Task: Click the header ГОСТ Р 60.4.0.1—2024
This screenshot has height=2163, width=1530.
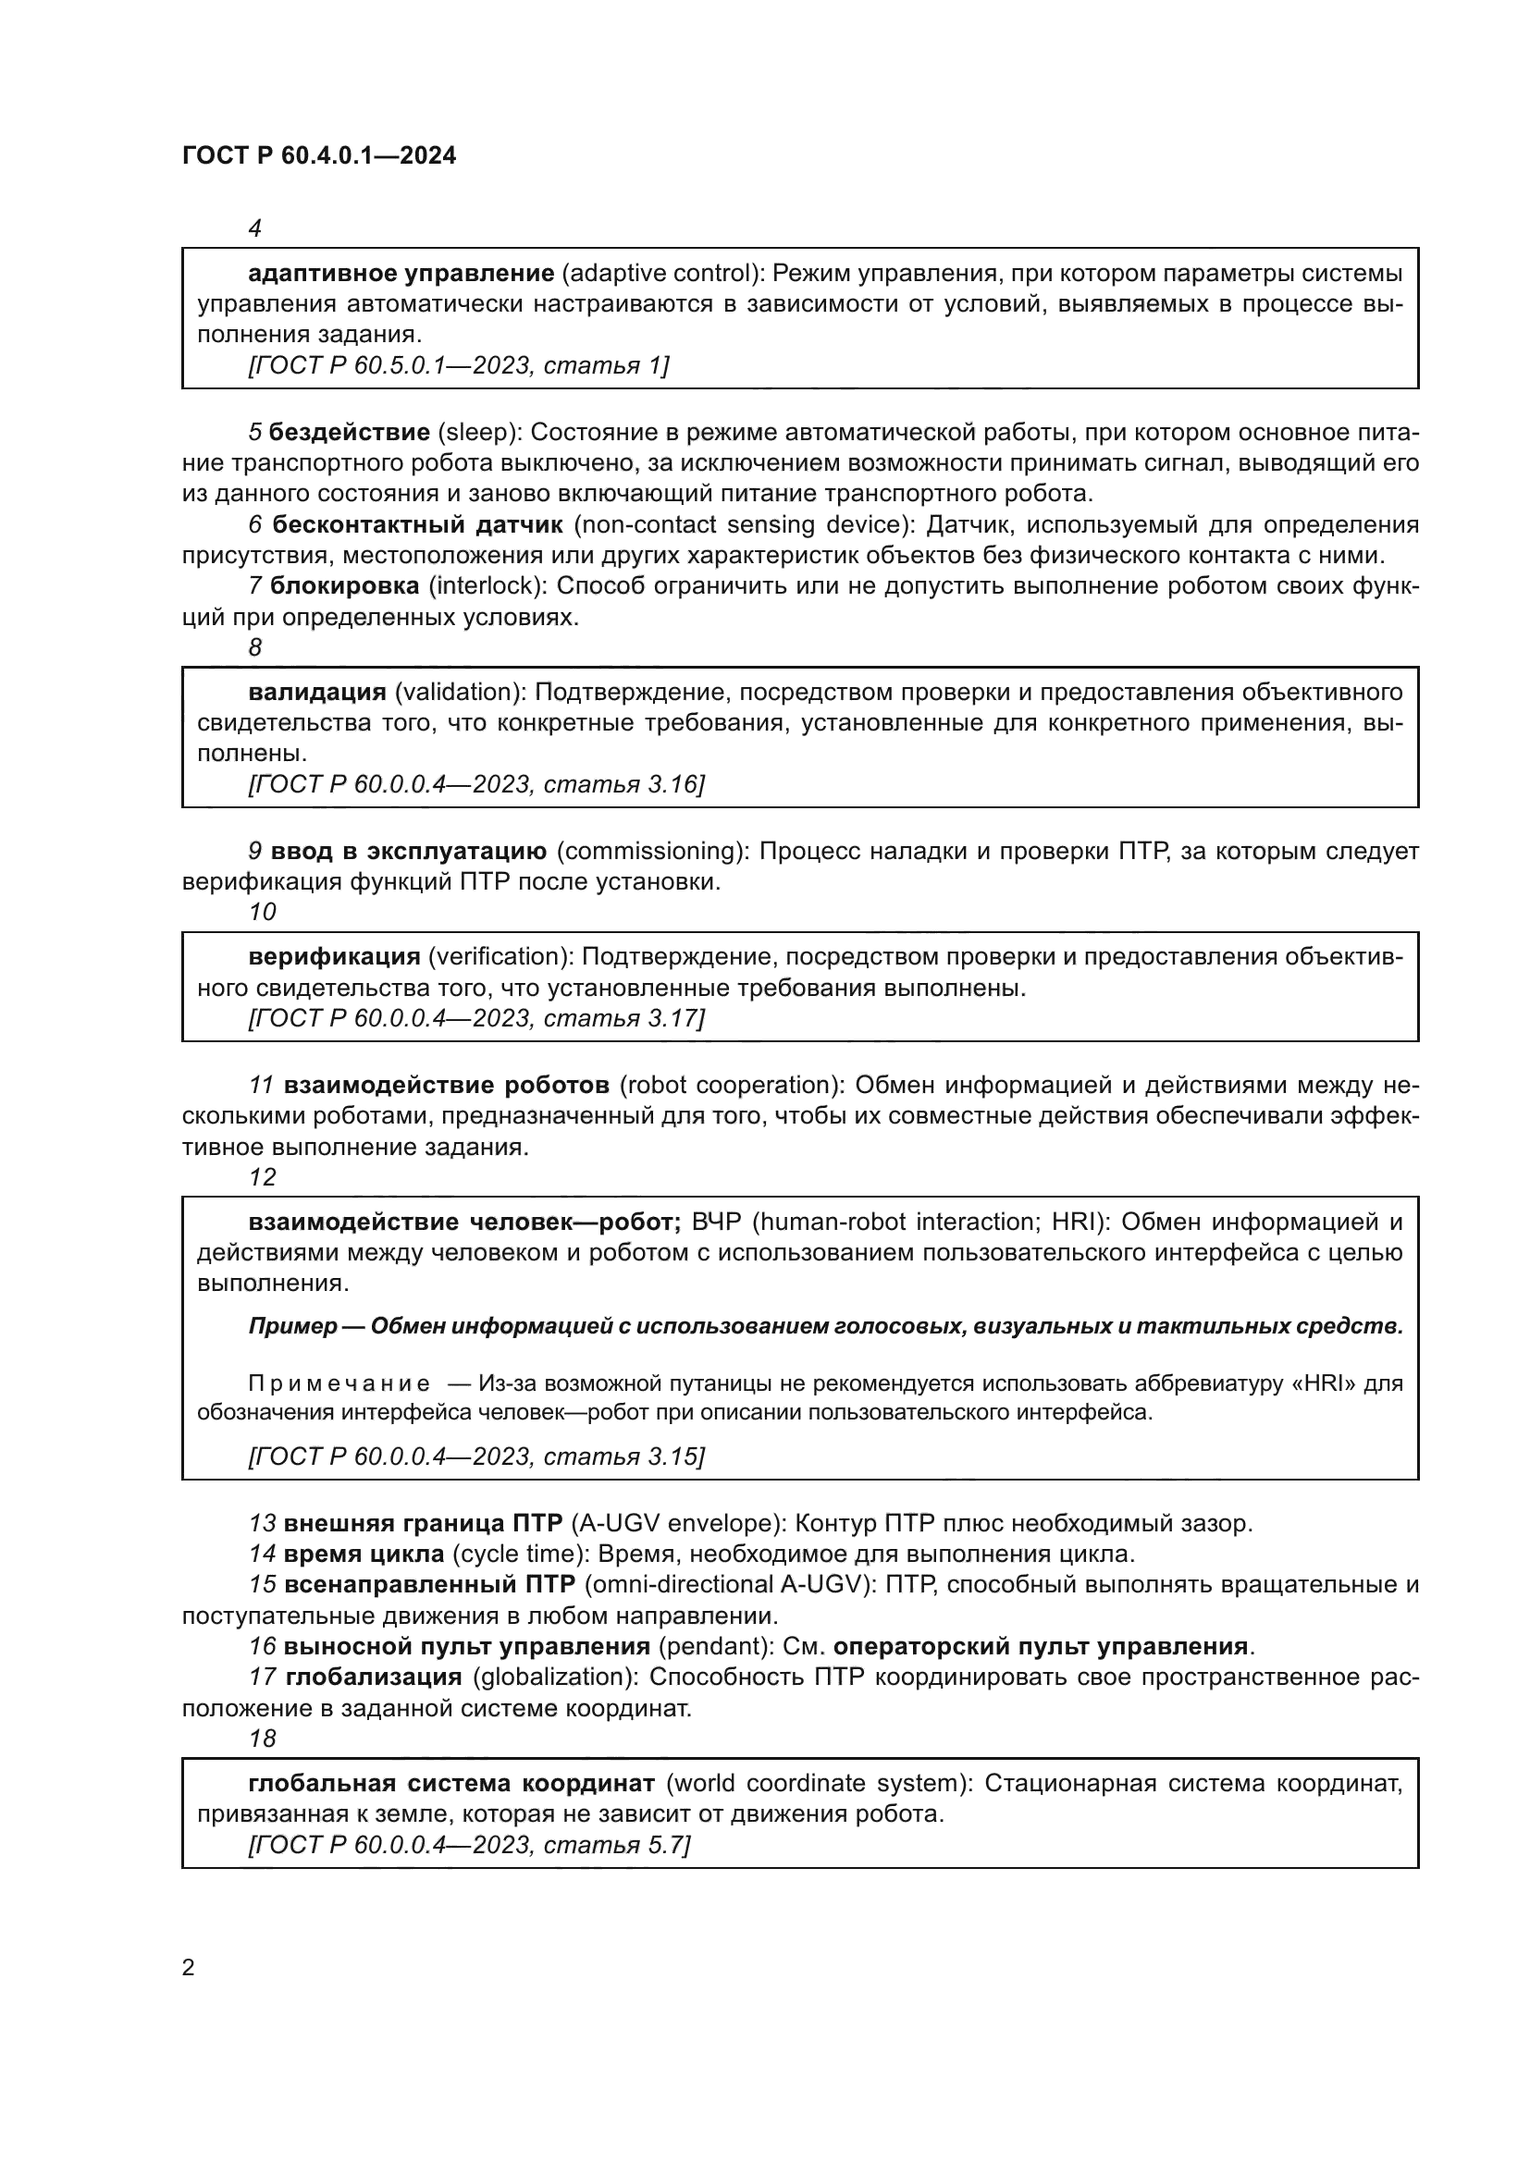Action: coord(319,156)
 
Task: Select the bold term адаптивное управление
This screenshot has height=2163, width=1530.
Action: coord(401,274)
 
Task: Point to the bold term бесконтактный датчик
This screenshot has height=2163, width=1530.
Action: coord(418,524)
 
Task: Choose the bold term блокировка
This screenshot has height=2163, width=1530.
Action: coord(345,586)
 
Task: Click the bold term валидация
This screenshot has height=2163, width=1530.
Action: coord(317,693)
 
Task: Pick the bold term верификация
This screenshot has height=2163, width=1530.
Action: coord(335,957)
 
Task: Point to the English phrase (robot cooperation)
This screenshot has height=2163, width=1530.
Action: coord(732,1086)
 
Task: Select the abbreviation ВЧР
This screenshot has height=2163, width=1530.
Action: coord(717,1223)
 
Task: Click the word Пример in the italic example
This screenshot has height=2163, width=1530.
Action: coord(292,1326)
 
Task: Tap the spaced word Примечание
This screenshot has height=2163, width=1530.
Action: coord(339,1384)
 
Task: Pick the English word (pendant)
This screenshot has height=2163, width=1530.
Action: coord(716,1647)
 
